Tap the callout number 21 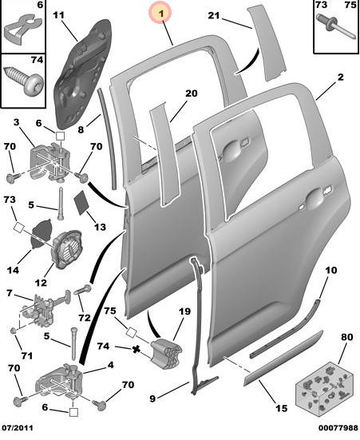tap(214, 15)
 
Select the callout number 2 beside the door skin tap(340, 77)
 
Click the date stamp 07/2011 tap(18, 428)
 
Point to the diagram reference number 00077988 tap(338, 428)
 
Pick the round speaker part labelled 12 tap(66, 248)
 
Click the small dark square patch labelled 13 tap(81, 202)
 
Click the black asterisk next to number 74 tap(136, 349)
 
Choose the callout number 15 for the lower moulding tap(281, 407)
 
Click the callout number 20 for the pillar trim tap(191, 93)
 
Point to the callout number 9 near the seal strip tap(152, 398)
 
